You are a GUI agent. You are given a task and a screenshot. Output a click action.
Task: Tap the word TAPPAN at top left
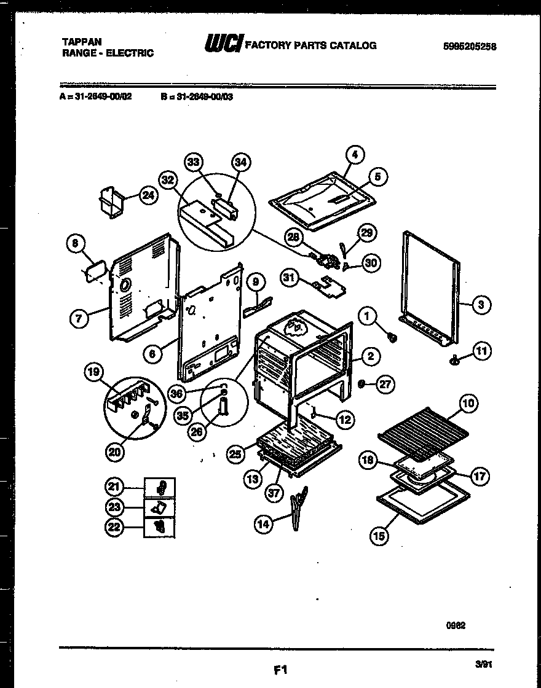tap(79, 42)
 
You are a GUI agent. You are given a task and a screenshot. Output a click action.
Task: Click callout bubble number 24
tap(148, 196)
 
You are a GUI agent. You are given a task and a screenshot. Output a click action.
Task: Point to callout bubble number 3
tap(481, 303)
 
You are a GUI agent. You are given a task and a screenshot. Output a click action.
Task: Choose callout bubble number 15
tap(379, 536)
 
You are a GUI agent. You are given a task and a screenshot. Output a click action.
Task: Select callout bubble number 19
tap(95, 372)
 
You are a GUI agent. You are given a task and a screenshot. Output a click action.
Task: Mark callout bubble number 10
tap(468, 404)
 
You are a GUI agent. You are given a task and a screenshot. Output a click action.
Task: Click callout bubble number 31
tap(290, 279)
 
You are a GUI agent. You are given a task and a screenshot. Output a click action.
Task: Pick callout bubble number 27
tap(385, 384)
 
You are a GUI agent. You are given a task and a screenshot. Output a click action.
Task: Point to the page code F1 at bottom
tap(281, 669)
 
